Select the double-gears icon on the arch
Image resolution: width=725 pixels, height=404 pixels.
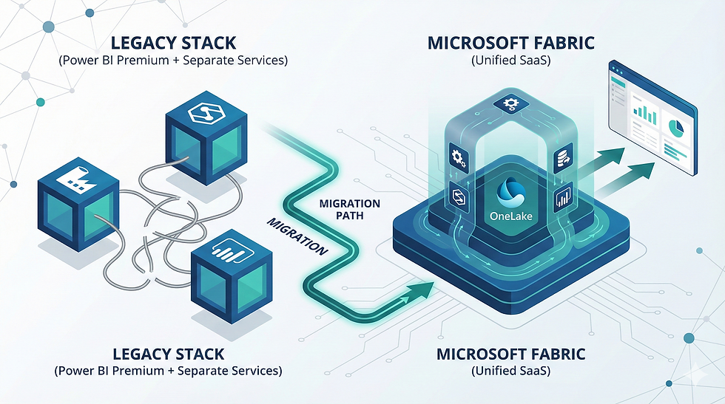tap(456, 157)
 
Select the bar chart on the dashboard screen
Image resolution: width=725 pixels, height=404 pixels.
tap(647, 114)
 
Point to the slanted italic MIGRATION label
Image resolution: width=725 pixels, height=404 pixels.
tap(297, 237)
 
